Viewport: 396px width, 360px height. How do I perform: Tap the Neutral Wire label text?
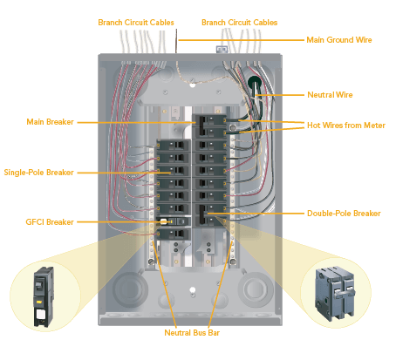[x=334, y=93]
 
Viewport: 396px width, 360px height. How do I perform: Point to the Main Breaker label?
[x=51, y=122]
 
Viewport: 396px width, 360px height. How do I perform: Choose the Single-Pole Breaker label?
[x=38, y=172]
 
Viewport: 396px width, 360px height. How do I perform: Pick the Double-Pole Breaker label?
[x=343, y=213]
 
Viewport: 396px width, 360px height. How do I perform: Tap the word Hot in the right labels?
[x=314, y=124]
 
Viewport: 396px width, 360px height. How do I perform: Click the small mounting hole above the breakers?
[x=193, y=85]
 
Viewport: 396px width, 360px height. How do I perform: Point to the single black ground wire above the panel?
[x=177, y=41]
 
